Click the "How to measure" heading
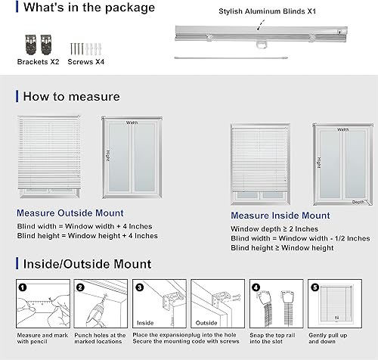71,96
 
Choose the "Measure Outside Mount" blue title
70,213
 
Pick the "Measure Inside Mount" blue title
280,216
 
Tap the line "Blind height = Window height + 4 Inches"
87,236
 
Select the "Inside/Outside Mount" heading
87,264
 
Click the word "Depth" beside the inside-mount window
358,203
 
